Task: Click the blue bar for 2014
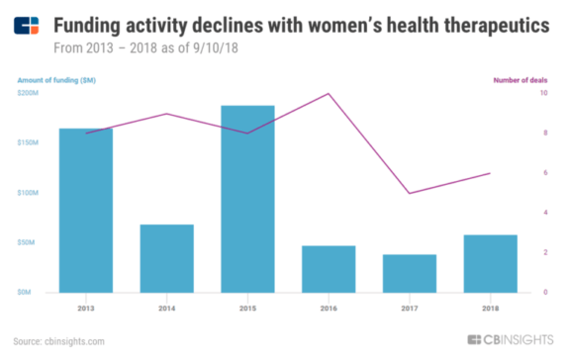tap(166, 258)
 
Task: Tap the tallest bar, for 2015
tap(247, 198)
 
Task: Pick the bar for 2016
tap(329, 268)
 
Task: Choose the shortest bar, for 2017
tap(410, 273)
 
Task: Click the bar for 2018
tap(491, 263)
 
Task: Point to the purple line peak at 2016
tap(329, 94)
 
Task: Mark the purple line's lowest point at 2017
tap(410, 193)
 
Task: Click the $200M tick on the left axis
tap(30, 93)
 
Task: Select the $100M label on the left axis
tap(30, 193)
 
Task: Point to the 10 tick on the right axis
tap(541, 93)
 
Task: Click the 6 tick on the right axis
tap(541, 173)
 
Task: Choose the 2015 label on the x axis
tap(247, 307)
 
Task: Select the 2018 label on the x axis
tap(491, 307)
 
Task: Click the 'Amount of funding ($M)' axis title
tap(57, 78)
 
